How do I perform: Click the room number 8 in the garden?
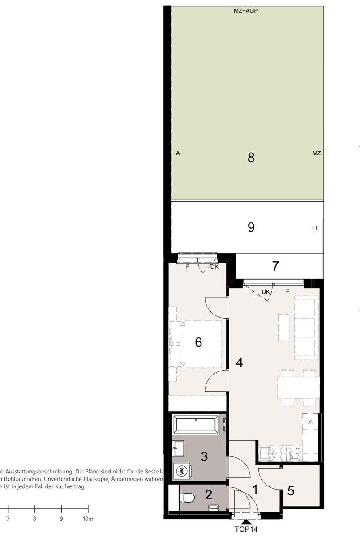251,158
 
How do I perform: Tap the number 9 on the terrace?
251,227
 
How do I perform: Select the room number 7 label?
275,266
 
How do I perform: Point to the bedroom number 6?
198,342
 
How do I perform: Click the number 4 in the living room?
240,362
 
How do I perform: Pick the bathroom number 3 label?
204,457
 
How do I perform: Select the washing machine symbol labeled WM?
182,471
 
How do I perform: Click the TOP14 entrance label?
246,529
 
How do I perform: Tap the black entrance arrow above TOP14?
246,521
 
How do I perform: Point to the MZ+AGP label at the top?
245,11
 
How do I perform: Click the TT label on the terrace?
315,228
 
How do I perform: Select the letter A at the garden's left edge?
178,153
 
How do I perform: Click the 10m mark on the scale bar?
88,519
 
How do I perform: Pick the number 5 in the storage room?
291,491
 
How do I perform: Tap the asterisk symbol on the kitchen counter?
310,422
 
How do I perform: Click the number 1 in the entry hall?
255,490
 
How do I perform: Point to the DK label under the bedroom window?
214,267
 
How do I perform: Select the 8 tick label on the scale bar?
34,519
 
